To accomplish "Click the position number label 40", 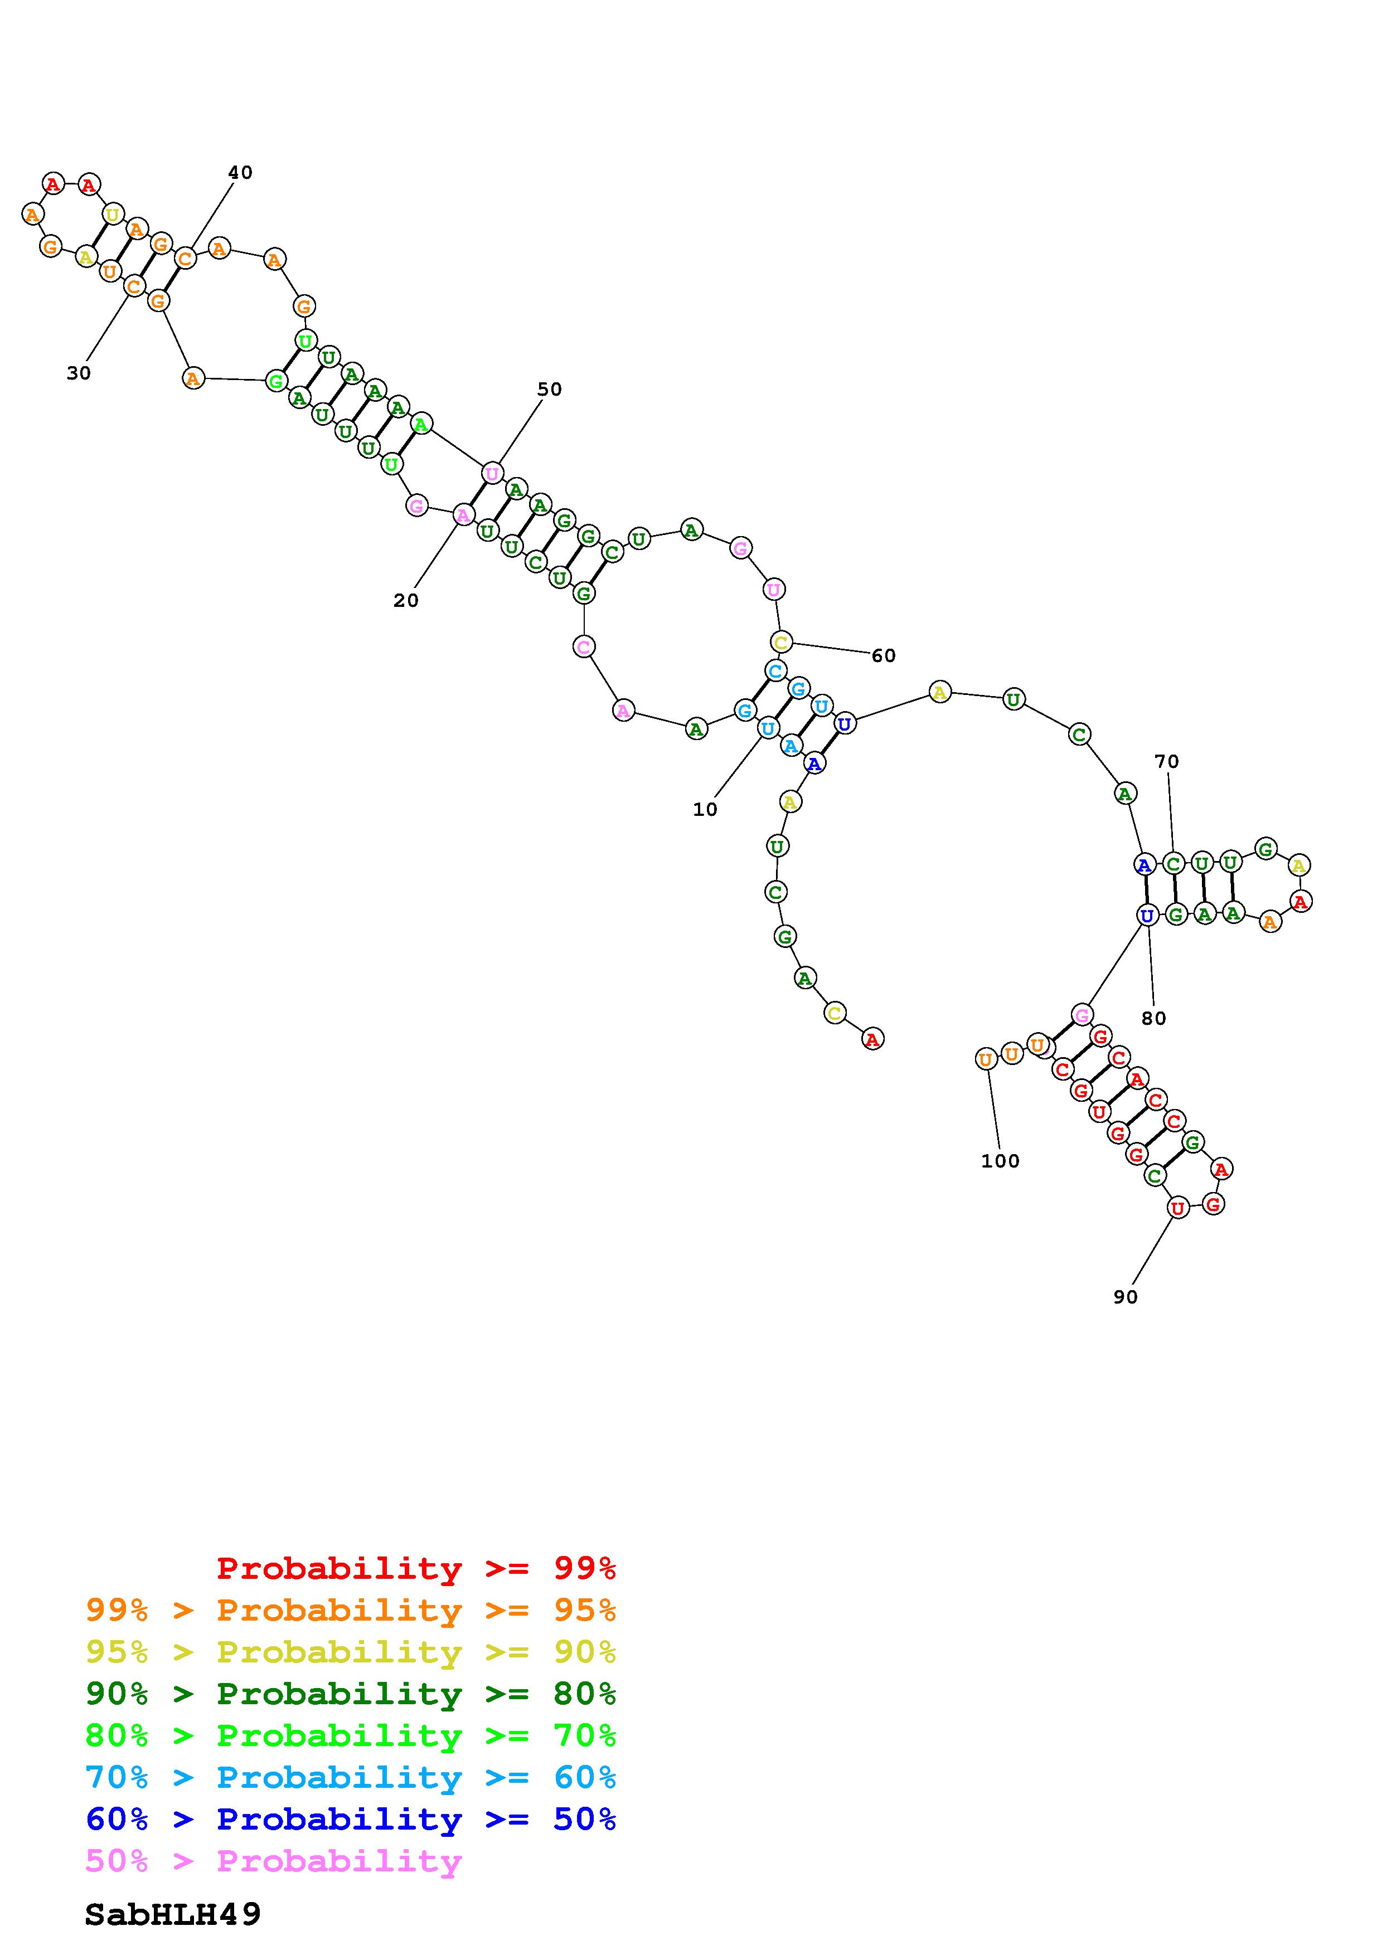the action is pyautogui.click(x=240, y=173).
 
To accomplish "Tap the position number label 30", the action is pyautogui.click(x=79, y=373).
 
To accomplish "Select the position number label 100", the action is pyautogui.click(x=1000, y=1160).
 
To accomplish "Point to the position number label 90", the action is pyautogui.click(x=1125, y=1297).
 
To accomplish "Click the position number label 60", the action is pyautogui.click(x=883, y=655).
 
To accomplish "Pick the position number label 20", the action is pyautogui.click(x=406, y=600).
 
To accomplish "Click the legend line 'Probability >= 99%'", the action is pyautogui.click(x=416, y=1568).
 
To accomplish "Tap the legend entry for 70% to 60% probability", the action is pyautogui.click(x=351, y=1777).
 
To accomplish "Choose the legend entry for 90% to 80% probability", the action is pyautogui.click(x=351, y=1694).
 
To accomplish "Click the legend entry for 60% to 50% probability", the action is pyautogui.click(x=351, y=1819).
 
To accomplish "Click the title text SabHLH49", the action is pyautogui.click(x=173, y=1915).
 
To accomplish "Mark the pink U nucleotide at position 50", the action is pyautogui.click(x=492, y=473).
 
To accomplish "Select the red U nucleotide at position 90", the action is pyautogui.click(x=1177, y=1208).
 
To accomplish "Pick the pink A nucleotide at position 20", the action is pyautogui.click(x=462, y=515).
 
